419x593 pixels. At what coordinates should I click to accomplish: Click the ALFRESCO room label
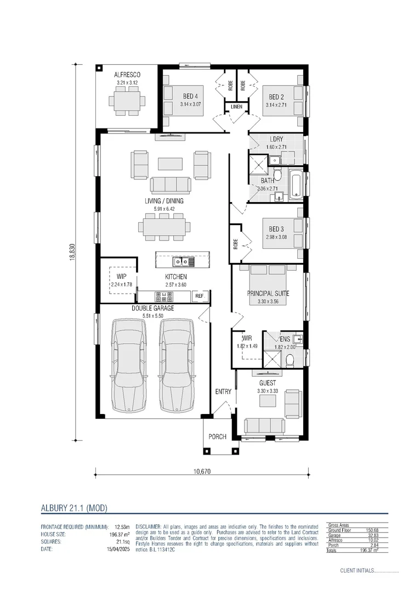(x=128, y=75)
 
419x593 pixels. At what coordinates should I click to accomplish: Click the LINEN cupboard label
(x=236, y=107)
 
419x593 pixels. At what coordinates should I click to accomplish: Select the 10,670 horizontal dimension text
(x=202, y=471)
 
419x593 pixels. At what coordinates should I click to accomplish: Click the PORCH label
(x=217, y=437)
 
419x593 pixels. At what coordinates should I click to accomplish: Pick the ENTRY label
(x=223, y=391)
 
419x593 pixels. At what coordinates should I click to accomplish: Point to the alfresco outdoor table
(x=127, y=101)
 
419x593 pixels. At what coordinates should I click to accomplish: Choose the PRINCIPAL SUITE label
(x=268, y=294)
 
